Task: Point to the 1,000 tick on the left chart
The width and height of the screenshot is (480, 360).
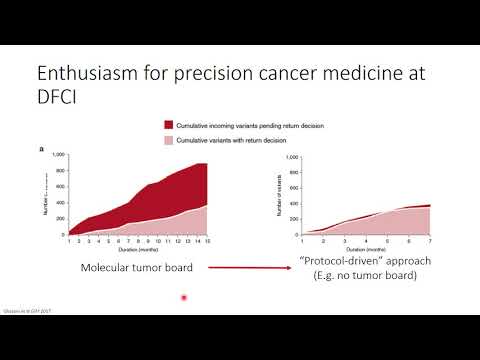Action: (x=57, y=155)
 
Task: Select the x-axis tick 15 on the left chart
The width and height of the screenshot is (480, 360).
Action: (x=207, y=242)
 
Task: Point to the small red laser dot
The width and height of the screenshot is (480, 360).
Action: (x=184, y=298)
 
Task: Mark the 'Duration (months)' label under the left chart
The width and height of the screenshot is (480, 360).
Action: (x=137, y=251)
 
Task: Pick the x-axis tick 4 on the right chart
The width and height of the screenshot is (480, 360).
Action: (x=346, y=242)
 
